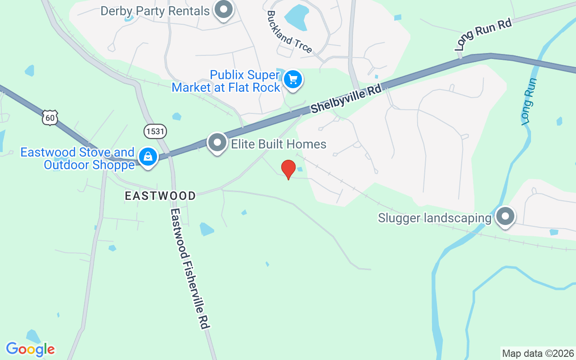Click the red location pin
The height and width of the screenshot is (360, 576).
point(288,169)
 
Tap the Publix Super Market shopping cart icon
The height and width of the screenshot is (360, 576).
point(293,80)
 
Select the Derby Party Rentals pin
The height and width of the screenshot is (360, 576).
point(223,9)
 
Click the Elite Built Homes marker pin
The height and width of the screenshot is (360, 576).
point(218,143)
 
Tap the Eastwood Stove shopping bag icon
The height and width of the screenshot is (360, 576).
point(148,157)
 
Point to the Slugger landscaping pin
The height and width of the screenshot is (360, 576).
point(505,216)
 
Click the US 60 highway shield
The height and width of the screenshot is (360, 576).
point(50,118)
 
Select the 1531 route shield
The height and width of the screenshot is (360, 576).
point(155,131)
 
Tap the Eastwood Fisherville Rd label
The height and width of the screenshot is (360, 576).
point(191,268)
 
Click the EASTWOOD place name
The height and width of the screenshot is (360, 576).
point(161,196)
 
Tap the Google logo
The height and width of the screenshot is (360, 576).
point(30,349)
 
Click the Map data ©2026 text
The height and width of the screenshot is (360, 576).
point(538,353)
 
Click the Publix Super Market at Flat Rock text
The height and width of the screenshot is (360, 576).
point(226,81)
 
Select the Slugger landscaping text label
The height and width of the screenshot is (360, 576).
point(434,218)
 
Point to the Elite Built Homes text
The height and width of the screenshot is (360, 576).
point(279,144)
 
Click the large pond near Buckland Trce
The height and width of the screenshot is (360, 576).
point(297,16)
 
